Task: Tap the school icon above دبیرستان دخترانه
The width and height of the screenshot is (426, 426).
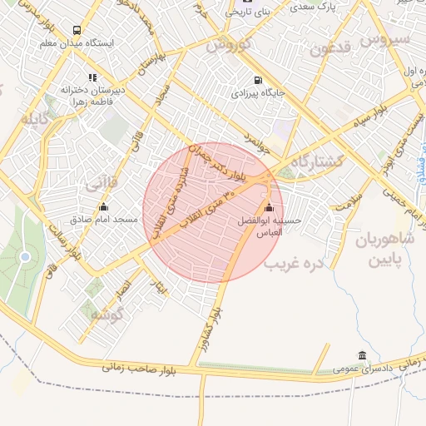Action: click(x=92, y=77)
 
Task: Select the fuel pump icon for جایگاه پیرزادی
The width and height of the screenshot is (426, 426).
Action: click(x=257, y=81)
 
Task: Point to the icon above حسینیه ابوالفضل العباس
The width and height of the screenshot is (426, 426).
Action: click(x=268, y=208)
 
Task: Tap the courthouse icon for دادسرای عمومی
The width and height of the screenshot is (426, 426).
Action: click(x=361, y=354)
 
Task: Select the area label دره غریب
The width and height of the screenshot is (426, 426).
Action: click(x=293, y=265)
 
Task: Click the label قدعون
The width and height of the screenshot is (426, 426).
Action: click(x=331, y=47)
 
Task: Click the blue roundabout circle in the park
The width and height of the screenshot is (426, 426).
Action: click(x=25, y=256)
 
